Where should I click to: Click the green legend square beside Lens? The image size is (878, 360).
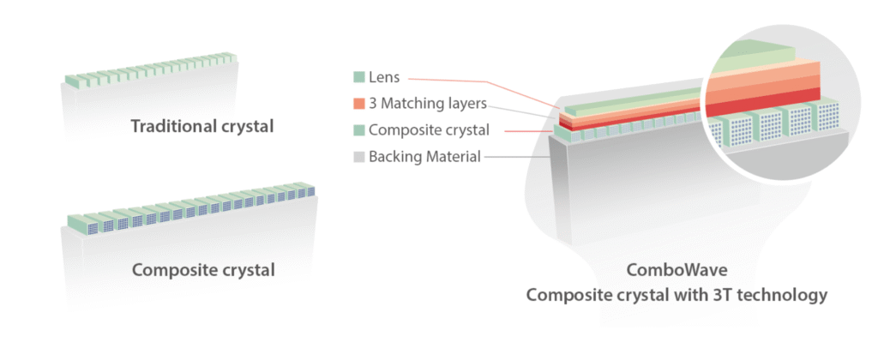coord(358,78)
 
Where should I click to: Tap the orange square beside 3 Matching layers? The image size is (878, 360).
coord(358,105)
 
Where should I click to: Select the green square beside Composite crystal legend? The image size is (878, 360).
coord(358,131)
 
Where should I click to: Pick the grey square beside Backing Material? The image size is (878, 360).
coord(358,157)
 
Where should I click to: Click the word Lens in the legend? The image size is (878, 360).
coord(386,78)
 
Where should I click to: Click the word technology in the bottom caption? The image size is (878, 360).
coord(784,296)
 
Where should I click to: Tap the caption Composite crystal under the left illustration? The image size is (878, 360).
coord(203,271)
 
